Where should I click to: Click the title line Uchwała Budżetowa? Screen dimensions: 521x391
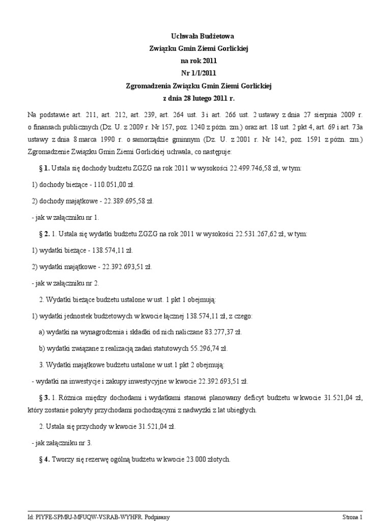click(x=195, y=36)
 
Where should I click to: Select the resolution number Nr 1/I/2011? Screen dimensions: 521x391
click(x=195, y=73)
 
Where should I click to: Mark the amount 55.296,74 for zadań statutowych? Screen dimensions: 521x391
click(x=208, y=349)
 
